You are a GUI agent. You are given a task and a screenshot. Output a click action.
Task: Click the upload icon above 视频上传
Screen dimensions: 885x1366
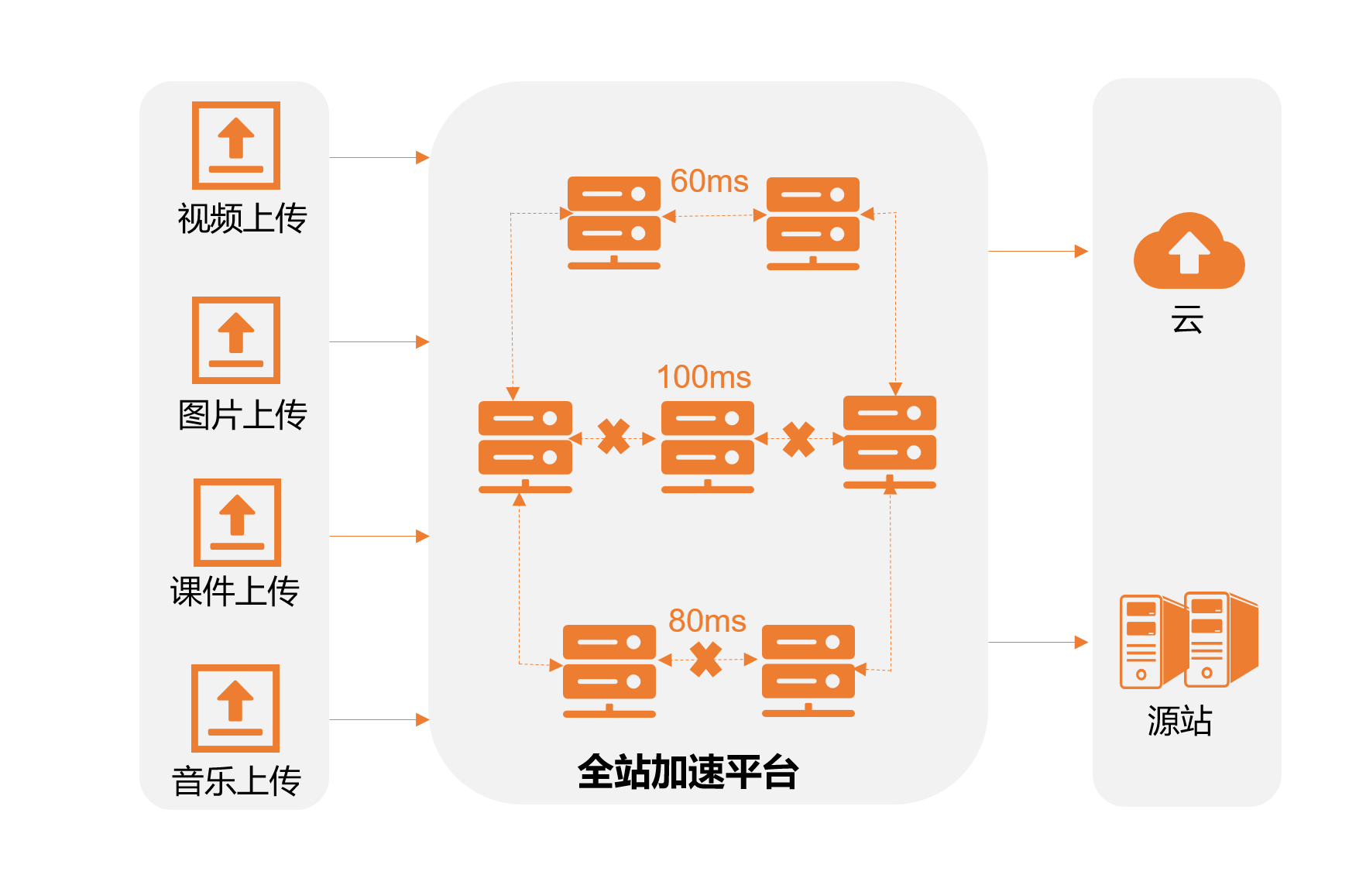(x=236, y=145)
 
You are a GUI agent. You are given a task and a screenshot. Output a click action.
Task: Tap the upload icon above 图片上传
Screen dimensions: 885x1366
(x=236, y=340)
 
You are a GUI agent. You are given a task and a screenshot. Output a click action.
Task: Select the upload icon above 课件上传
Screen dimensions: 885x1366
(x=237, y=522)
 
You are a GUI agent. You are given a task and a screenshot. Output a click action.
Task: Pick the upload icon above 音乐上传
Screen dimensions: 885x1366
(x=235, y=708)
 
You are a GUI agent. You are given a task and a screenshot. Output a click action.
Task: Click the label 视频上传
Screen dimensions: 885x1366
(x=242, y=218)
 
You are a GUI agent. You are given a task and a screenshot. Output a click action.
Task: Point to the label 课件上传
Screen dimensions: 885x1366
(x=235, y=592)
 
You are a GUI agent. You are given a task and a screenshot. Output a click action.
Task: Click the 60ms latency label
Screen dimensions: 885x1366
(x=709, y=181)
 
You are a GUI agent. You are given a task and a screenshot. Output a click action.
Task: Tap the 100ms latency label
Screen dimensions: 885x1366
(x=703, y=377)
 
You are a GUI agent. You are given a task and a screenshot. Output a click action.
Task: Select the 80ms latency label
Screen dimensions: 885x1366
(x=707, y=621)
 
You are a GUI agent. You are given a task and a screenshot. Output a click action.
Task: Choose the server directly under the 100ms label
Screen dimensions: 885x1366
(x=707, y=447)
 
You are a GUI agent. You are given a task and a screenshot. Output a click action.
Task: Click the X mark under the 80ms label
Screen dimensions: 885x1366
(x=706, y=660)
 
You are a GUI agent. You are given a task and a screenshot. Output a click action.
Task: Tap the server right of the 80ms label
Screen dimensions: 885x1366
(x=808, y=671)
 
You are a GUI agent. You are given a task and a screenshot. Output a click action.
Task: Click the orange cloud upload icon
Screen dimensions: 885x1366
(x=1189, y=251)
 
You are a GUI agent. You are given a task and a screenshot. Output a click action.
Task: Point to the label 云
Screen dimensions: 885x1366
(x=1187, y=319)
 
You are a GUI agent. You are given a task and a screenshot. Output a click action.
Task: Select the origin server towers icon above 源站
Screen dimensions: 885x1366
(x=1189, y=640)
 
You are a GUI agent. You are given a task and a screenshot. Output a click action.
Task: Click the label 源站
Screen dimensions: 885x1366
(x=1179, y=721)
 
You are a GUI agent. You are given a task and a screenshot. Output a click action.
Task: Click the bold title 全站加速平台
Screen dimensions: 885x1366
(x=688, y=772)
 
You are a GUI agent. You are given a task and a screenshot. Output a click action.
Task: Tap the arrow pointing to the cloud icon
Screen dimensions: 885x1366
(x=1038, y=251)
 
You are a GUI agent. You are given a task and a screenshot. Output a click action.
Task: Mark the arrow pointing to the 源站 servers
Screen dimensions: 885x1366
(x=1038, y=642)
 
